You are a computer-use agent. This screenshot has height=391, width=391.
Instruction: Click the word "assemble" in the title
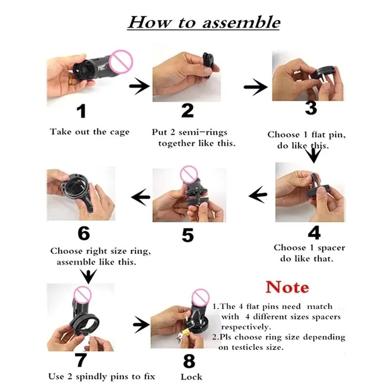pyautogui.click(x=241, y=22)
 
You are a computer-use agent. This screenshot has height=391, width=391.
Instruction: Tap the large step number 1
pyautogui.click(x=81, y=111)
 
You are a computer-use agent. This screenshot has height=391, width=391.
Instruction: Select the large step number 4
pyautogui.click(x=314, y=233)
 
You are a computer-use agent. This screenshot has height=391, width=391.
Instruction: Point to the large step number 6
pyautogui.click(x=84, y=234)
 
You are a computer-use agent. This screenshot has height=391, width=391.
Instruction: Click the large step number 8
pyautogui.click(x=189, y=361)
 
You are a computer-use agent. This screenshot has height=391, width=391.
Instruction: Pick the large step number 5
pyautogui.click(x=188, y=235)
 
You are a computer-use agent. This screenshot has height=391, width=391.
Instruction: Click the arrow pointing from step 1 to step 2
pyautogui.click(x=140, y=87)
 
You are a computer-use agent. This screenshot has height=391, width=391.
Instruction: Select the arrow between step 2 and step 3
pyautogui.click(x=256, y=87)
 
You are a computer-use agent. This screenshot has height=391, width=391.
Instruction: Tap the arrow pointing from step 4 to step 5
pyautogui.click(x=258, y=195)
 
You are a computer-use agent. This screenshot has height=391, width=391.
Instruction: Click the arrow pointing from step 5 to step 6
pyautogui.click(x=141, y=197)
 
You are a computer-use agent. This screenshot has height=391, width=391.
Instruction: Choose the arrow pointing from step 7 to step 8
pyautogui.click(x=141, y=325)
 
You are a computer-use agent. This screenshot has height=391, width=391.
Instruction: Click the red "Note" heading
pyautogui.click(x=287, y=287)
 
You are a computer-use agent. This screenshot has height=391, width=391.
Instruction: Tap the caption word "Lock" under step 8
pyautogui.click(x=191, y=377)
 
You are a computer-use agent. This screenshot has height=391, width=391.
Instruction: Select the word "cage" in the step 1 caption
pyautogui.click(x=120, y=132)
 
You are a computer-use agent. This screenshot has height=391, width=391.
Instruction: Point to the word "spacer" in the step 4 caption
pyautogui.click(x=331, y=248)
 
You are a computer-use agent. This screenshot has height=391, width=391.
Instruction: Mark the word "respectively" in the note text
pyautogui.click(x=246, y=327)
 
